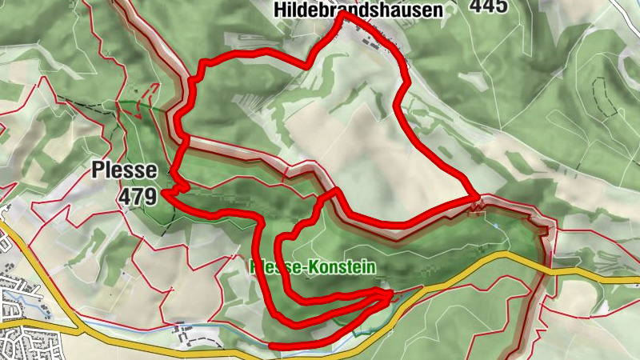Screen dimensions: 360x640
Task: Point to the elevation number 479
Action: (x=137, y=195)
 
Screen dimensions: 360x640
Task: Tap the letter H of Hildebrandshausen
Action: (x=279, y=10)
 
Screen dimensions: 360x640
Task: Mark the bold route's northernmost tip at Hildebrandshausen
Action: (x=342, y=14)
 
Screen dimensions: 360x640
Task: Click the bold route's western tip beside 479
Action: (x=163, y=192)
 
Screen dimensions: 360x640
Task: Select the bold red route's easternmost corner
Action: (x=478, y=196)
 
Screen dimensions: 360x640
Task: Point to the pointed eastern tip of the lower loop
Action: (x=392, y=294)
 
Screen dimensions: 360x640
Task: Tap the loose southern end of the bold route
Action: (x=272, y=346)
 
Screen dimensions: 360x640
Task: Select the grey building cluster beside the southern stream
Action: (x=183, y=328)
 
